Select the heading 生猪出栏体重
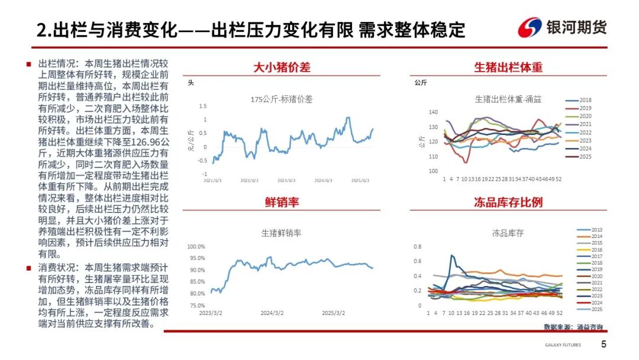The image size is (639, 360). (x=508, y=67)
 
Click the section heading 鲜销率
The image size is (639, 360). (x=282, y=202)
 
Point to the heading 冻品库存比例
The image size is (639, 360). (x=508, y=202)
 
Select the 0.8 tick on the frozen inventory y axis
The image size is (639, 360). (x=417, y=246)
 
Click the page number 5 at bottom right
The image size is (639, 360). (x=604, y=345)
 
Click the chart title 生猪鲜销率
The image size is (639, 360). (x=282, y=233)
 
